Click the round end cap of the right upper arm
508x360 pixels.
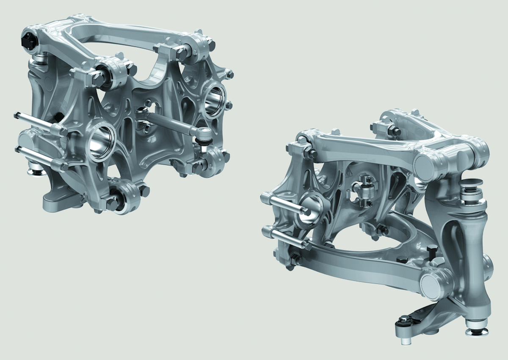coord(425,162)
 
